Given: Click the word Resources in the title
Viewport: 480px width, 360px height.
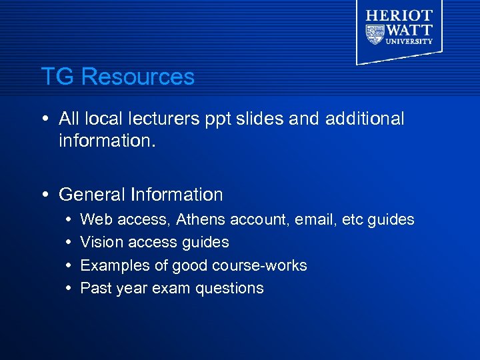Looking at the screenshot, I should coord(138,77).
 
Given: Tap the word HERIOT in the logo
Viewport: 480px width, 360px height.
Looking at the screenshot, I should coord(399,15).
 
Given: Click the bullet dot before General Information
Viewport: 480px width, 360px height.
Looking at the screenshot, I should coord(43,195).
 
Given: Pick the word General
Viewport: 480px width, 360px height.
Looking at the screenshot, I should coord(93,195).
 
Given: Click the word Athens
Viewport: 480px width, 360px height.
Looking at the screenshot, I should coord(202,219).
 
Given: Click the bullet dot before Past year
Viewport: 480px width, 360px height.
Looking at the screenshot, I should coord(70,288).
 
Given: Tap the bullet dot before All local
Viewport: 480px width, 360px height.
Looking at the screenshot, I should coord(43,119).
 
